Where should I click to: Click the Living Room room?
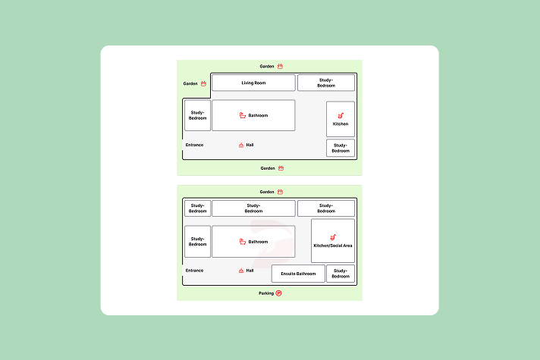[x=253, y=83]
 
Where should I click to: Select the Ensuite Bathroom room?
[x=298, y=274]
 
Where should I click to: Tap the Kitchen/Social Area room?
[x=333, y=241]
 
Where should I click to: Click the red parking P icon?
[x=278, y=293]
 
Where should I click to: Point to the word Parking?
[x=266, y=293]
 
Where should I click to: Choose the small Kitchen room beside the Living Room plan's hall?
[x=341, y=119]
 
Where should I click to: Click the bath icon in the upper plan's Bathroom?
[x=243, y=115]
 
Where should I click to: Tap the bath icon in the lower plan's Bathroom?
[x=243, y=242]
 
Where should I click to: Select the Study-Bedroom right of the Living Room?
[x=326, y=83]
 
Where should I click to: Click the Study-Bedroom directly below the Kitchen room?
[x=341, y=148]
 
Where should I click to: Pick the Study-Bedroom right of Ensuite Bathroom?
[x=341, y=274]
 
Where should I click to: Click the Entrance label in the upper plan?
[x=195, y=145]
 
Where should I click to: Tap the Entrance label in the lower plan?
[x=195, y=271]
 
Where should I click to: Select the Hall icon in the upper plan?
[x=241, y=145]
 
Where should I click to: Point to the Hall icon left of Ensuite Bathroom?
[x=241, y=271]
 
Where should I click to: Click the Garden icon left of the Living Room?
[x=203, y=83]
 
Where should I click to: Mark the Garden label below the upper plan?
[x=268, y=168]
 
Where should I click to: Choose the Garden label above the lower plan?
[x=267, y=192]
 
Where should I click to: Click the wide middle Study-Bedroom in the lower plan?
[x=253, y=208]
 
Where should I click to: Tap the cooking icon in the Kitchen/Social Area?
[x=333, y=237]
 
